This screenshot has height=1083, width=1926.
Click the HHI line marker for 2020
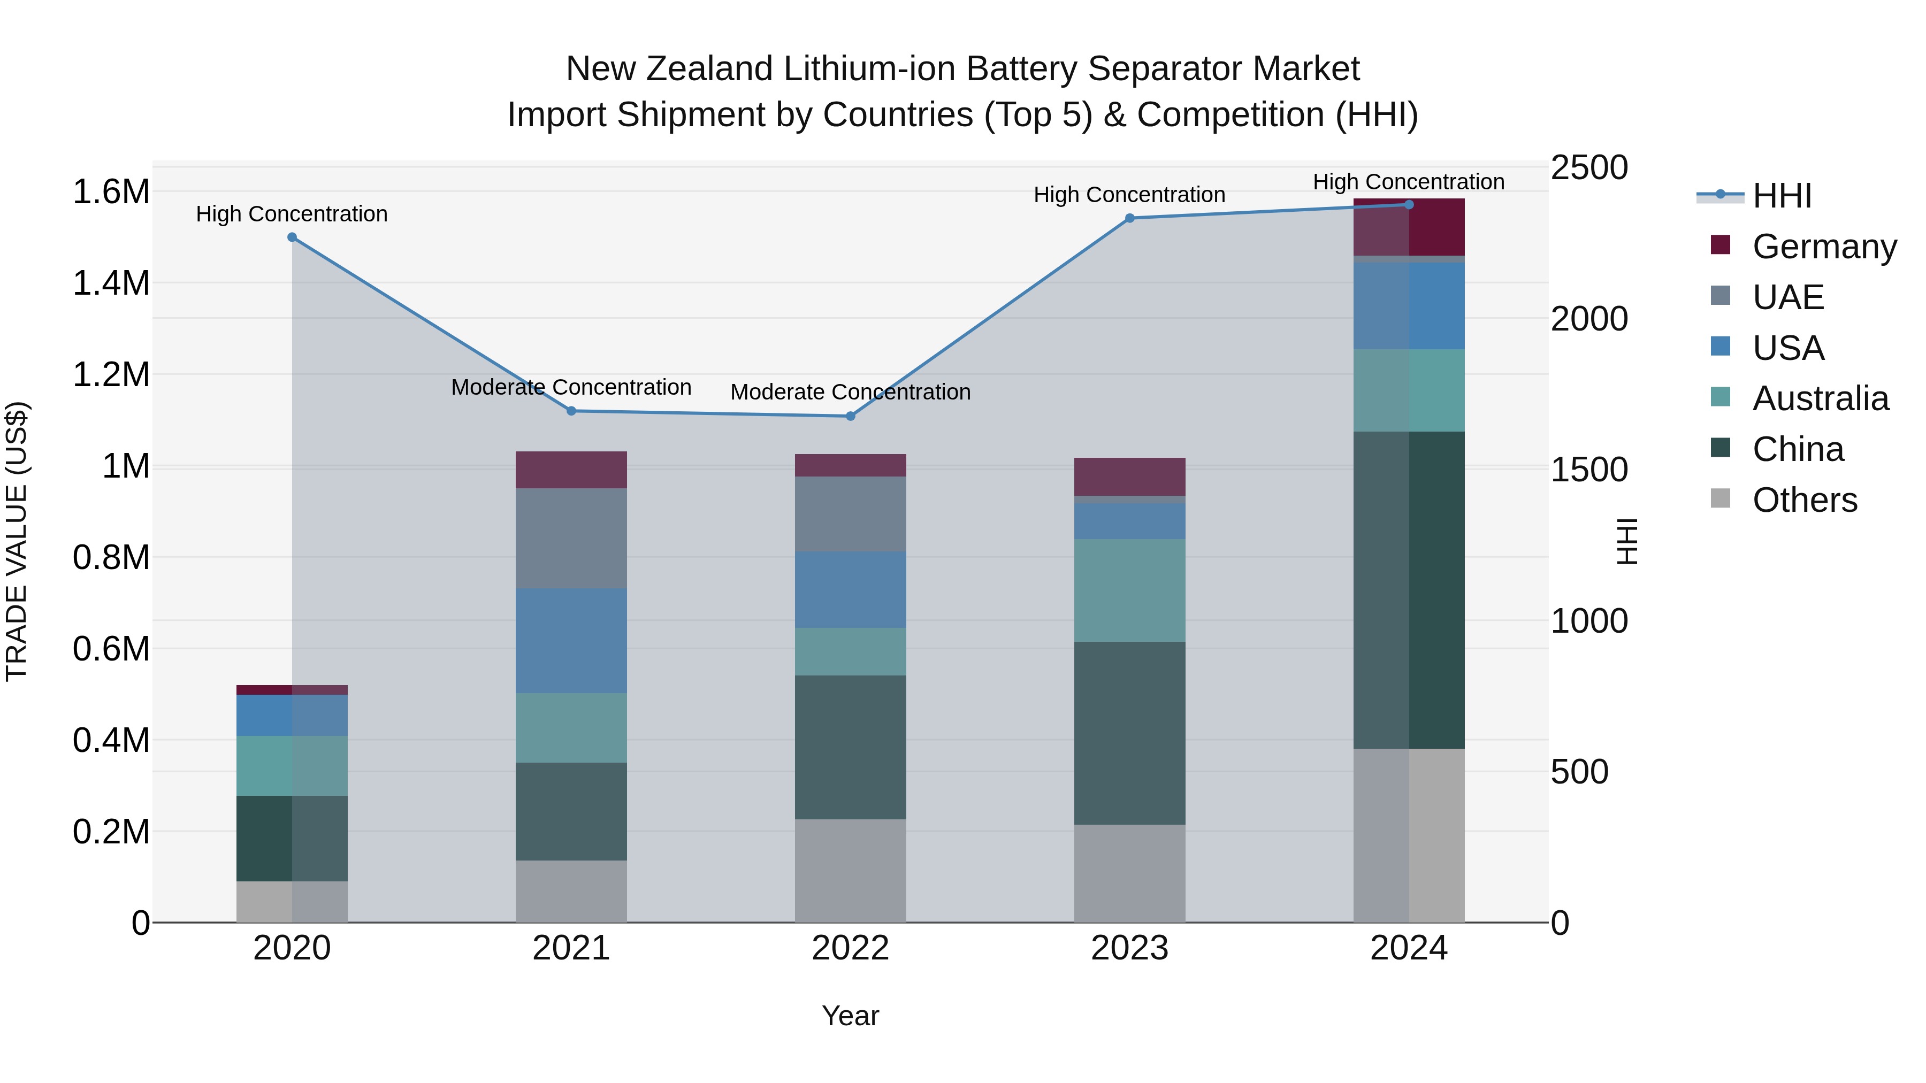(292, 237)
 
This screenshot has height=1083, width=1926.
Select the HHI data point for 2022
(850, 416)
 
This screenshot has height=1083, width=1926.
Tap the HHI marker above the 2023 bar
(1130, 218)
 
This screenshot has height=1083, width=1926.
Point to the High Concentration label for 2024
(1409, 182)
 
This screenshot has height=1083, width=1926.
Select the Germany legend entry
(1824, 247)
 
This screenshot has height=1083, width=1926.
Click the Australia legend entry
(1820, 398)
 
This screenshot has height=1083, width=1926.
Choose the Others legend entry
(1804, 500)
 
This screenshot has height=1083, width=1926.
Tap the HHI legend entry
(1782, 196)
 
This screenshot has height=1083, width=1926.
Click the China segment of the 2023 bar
(1130, 733)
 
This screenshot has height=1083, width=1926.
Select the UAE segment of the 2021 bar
(571, 538)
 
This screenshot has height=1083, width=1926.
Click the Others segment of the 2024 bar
(1409, 835)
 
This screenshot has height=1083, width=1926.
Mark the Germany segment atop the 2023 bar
(1130, 476)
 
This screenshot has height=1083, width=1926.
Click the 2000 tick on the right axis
(1589, 319)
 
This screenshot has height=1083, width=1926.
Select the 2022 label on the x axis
(850, 948)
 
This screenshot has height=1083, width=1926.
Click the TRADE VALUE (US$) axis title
(17, 541)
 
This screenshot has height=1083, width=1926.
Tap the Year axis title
(850, 1016)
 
